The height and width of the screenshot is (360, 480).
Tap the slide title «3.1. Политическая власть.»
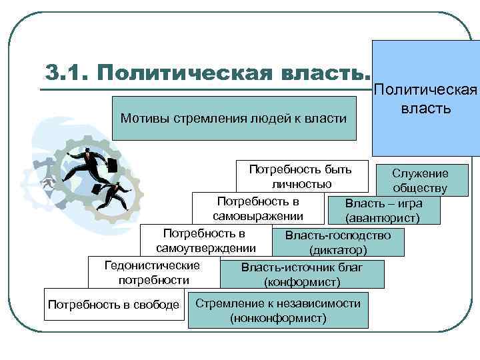click(x=206, y=72)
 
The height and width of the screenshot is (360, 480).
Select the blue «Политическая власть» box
click(x=425, y=97)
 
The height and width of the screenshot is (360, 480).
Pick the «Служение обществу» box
click(x=419, y=181)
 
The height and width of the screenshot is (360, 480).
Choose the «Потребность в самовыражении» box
click(x=257, y=209)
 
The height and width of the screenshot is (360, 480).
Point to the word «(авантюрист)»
click(x=382, y=218)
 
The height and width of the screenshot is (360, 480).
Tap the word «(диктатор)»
click(x=337, y=251)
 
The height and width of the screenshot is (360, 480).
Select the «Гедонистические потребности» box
click(x=152, y=273)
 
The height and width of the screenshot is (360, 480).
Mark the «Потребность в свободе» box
click(x=113, y=305)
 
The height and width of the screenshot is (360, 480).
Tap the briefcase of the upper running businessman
click(x=113, y=165)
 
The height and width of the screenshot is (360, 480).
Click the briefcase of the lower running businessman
click(x=97, y=189)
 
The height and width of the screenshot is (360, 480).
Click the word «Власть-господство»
click(x=337, y=235)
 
